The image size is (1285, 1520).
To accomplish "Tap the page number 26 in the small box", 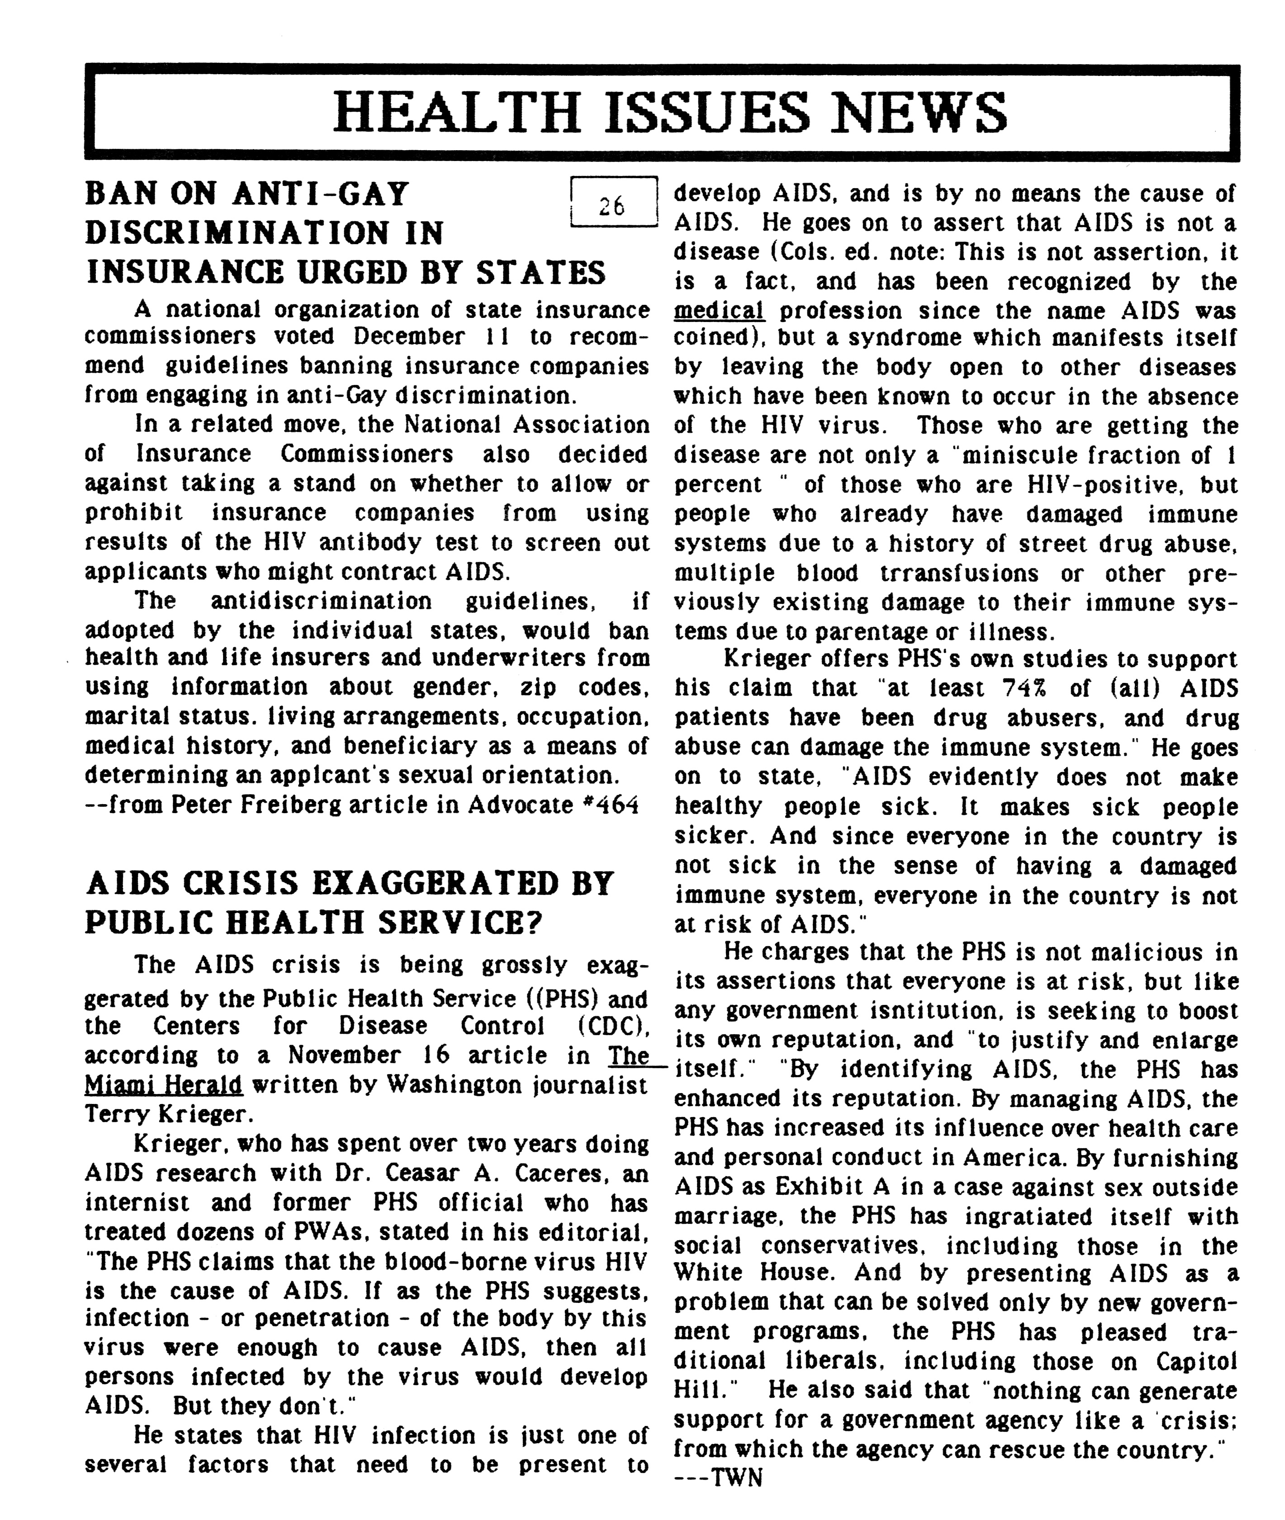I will [x=612, y=207].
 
